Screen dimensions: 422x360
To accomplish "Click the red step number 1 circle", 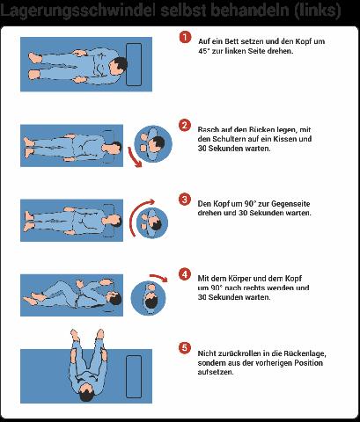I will coord(185,38).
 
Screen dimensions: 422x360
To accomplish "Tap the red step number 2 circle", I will coord(185,124).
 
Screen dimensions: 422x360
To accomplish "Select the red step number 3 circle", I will coord(185,199).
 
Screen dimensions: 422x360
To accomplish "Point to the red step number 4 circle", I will coord(185,273).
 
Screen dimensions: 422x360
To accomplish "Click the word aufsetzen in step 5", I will coord(216,372).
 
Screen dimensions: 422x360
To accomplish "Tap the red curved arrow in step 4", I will coord(156,280).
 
